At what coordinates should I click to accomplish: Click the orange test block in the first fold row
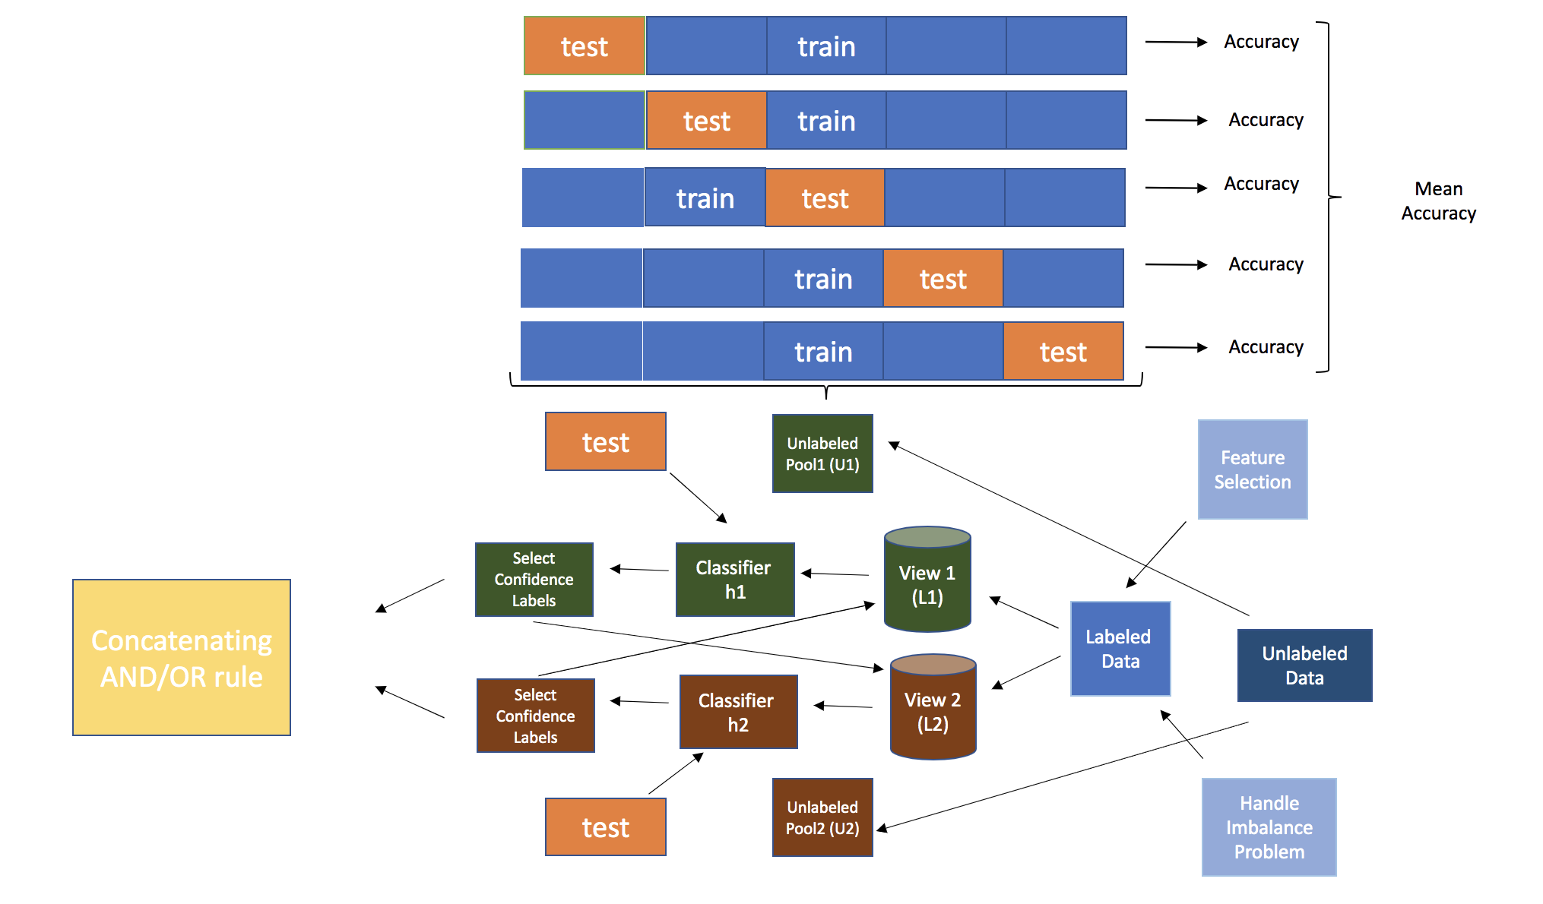coord(584,46)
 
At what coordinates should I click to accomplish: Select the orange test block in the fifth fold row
coord(1063,352)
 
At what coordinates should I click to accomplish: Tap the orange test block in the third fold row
coord(825,198)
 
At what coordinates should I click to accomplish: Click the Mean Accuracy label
coord(1438,201)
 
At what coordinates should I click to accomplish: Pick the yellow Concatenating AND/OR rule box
coord(182,658)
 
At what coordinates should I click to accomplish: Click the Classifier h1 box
coord(735,580)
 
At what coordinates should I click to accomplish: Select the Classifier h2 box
coord(738,712)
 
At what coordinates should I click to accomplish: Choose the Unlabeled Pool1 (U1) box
coord(822,454)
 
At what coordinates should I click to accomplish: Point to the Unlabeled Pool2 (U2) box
coord(822,817)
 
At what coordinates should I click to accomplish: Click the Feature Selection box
coord(1253,469)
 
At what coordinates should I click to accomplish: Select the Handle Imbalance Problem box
coord(1269,827)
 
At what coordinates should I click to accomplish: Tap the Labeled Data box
coord(1120,649)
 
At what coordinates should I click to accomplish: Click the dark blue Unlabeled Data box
coord(1304,665)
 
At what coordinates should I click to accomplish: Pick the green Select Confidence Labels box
coord(534,580)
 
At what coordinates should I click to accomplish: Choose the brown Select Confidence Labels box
coord(535,716)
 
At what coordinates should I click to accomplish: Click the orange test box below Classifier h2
coord(605,827)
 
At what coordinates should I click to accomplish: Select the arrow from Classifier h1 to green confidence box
coord(639,569)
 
